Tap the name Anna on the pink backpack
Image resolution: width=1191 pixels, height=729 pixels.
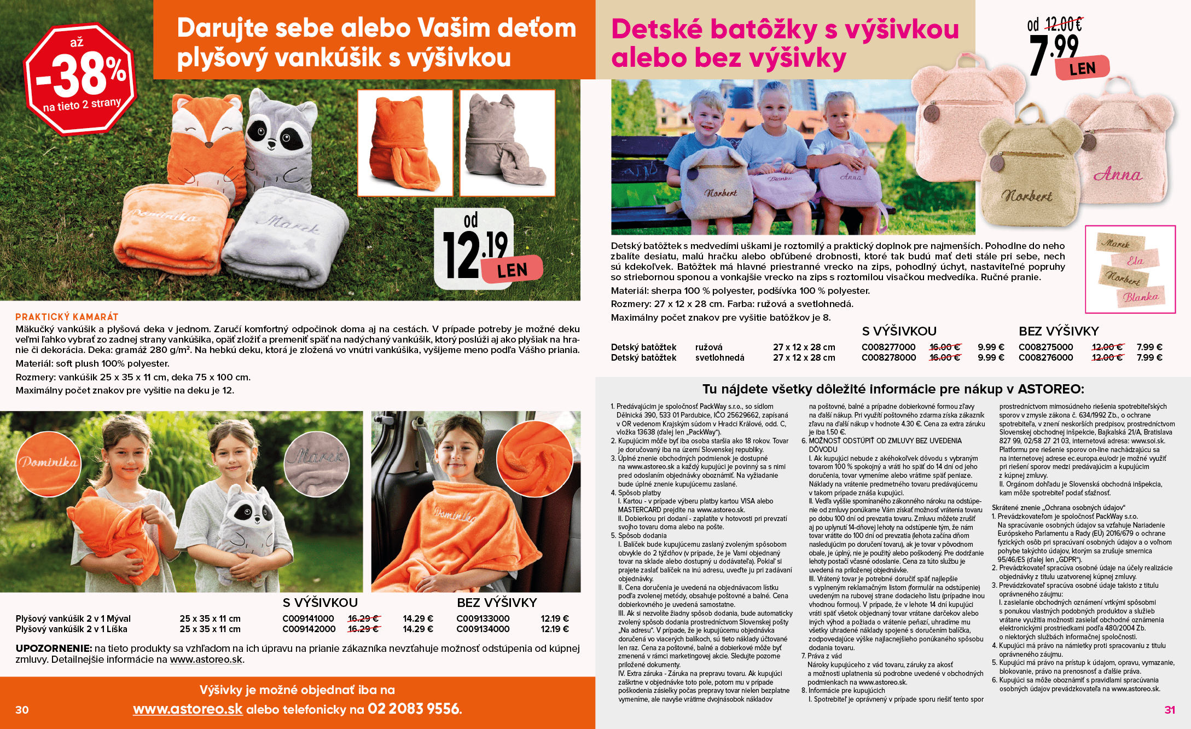(x=1117, y=175)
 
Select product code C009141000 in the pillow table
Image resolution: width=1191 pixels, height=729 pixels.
(x=308, y=618)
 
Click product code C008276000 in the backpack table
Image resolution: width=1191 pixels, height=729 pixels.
(x=1045, y=357)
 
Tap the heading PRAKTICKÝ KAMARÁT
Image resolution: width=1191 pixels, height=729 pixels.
(x=67, y=317)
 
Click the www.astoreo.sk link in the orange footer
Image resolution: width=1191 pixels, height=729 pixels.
(x=188, y=709)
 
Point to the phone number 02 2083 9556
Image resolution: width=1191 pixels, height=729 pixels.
(x=414, y=709)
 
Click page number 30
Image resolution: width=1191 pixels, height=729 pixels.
(x=22, y=710)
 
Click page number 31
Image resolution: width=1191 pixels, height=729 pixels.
(x=1170, y=710)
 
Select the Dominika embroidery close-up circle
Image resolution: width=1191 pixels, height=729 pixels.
(x=48, y=464)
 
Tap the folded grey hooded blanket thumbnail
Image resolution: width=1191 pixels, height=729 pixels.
(x=507, y=143)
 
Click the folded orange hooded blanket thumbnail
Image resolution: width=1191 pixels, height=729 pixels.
(x=405, y=143)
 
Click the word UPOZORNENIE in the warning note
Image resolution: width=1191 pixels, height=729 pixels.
(x=53, y=649)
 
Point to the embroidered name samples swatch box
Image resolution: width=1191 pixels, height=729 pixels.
(x=1130, y=269)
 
